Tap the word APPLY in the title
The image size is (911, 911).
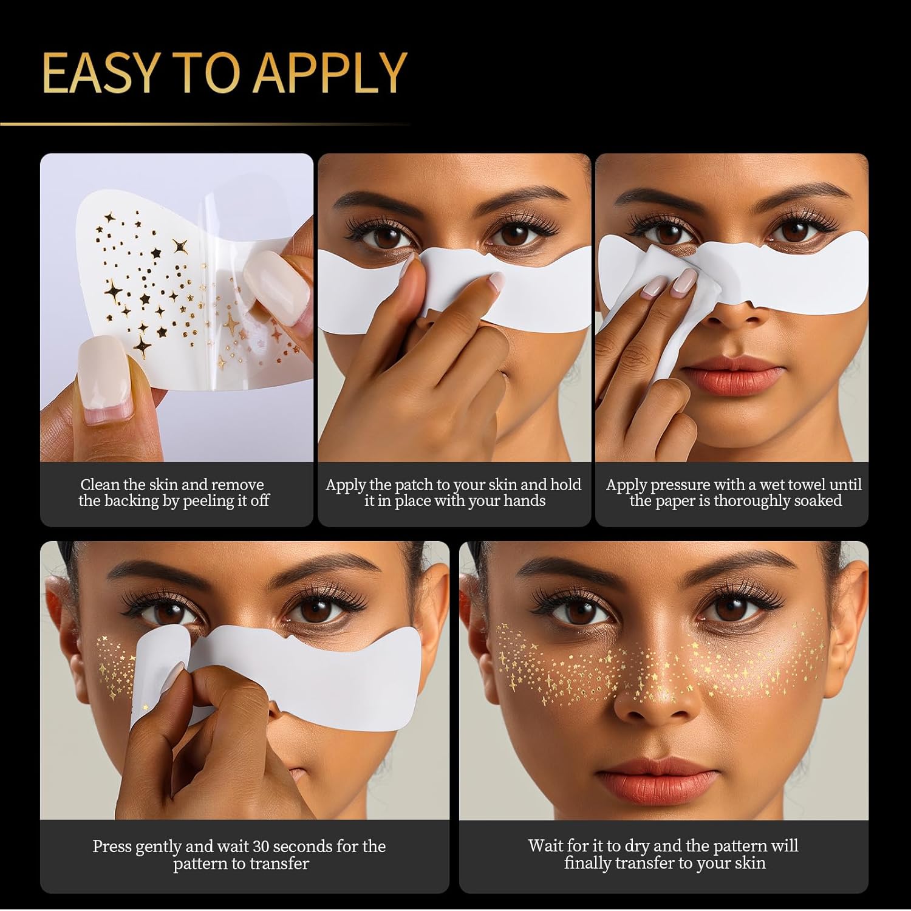[330, 72]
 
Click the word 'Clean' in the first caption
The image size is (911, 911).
[100, 485]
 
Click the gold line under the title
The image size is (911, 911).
[205, 124]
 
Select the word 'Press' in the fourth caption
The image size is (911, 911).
[112, 847]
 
